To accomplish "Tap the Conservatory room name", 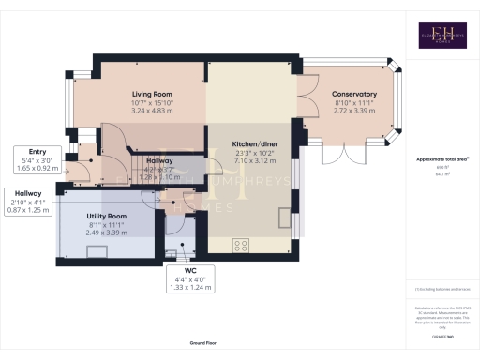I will (x=354, y=95).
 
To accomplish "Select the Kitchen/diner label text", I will (x=254, y=143).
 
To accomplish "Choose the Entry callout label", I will (x=37, y=152).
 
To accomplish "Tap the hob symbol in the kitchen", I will (x=241, y=246).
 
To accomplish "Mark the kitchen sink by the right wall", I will (x=284, y=217).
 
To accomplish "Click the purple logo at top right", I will (x=442, y=35).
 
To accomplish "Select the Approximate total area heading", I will (x=441, y=159).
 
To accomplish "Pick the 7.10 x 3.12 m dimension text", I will (x=254, y=159).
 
